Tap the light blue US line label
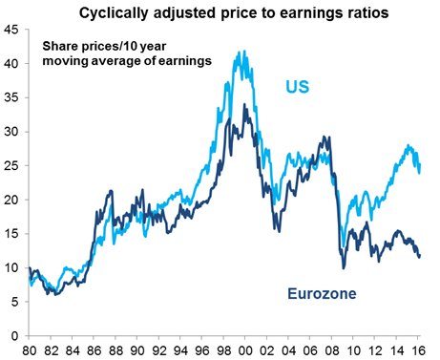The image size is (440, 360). tap(299, 89)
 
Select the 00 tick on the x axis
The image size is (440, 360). tap(245, 350)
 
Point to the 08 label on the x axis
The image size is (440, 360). tap(331, 350)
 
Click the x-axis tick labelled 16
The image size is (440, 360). tap(417, 350)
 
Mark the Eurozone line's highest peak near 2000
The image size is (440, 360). tap(245, 105)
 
